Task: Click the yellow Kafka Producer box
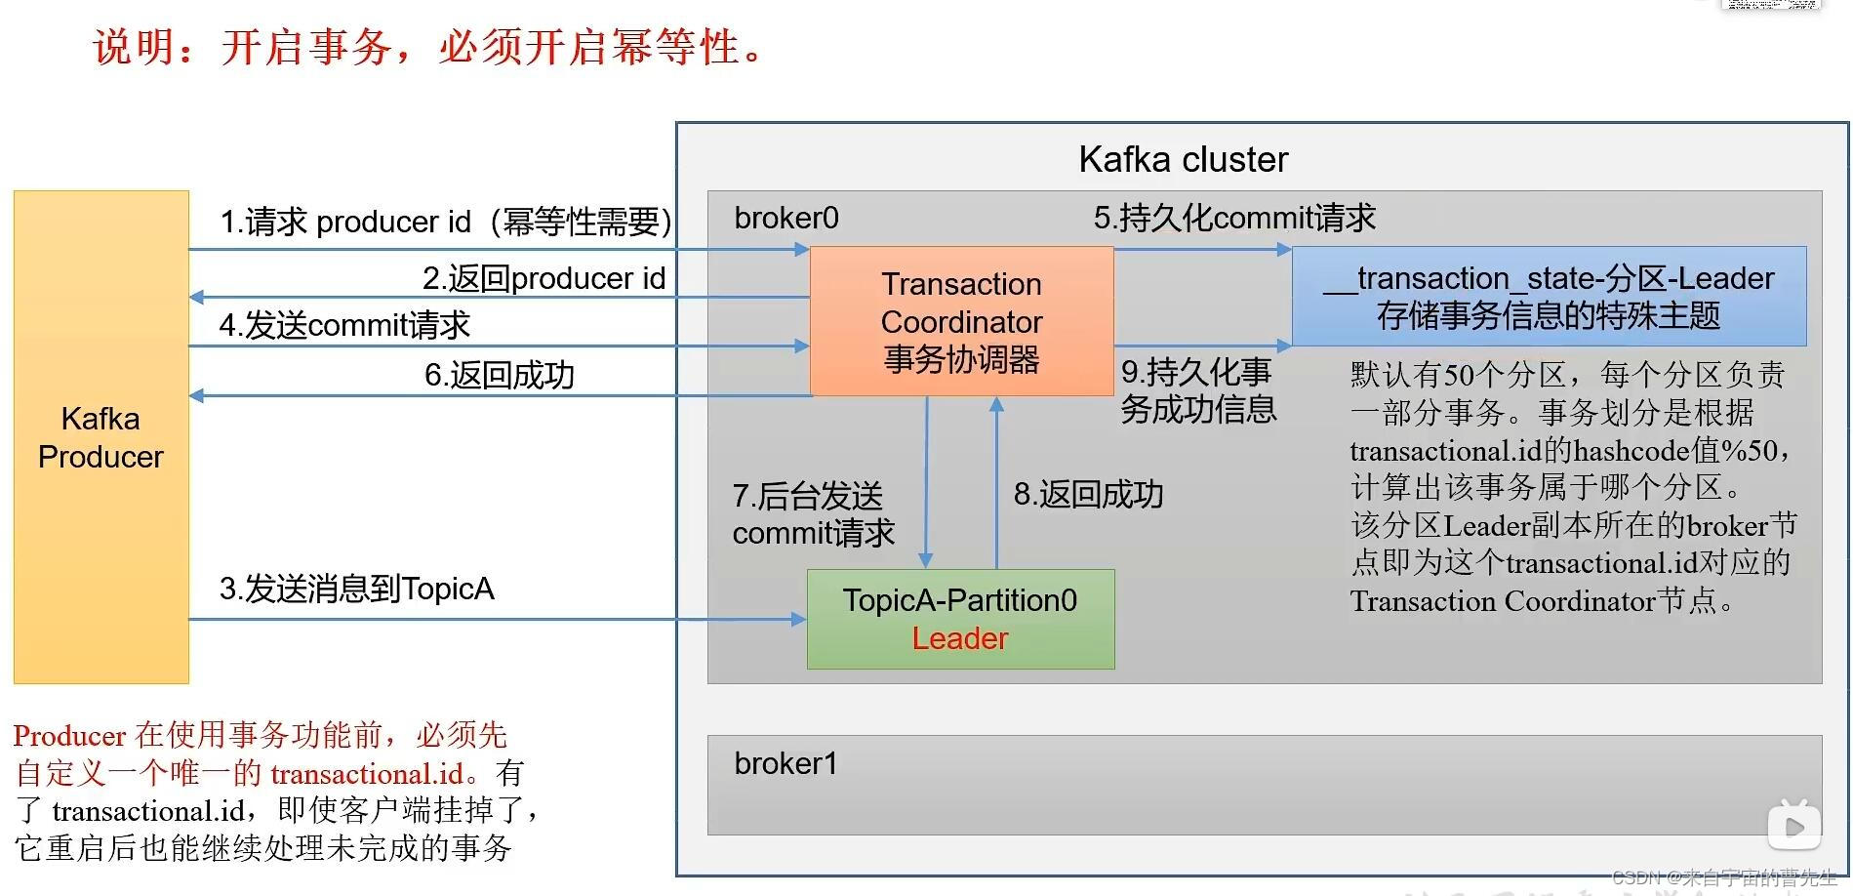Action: (101, 437)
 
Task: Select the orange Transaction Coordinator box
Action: (961, 321)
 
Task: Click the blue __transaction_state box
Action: (1549, 297)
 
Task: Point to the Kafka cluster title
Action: (1183, 159)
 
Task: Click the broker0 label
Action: (786, 218)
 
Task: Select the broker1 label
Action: (786, 763)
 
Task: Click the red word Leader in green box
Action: (959, 638)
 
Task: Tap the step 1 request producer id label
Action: (445, 222)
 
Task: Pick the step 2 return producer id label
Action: (544, 278)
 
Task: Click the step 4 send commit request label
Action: (344, 325)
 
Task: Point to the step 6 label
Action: (499, 375)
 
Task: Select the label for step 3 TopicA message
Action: (356, 589)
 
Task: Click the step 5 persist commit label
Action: (1233, 217)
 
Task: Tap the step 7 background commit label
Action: (812, 513)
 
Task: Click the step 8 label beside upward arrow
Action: (1087, 494)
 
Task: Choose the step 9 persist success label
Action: (1197, 390)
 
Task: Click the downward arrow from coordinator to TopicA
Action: (926, 483)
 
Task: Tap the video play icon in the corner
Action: (1793, 826)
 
